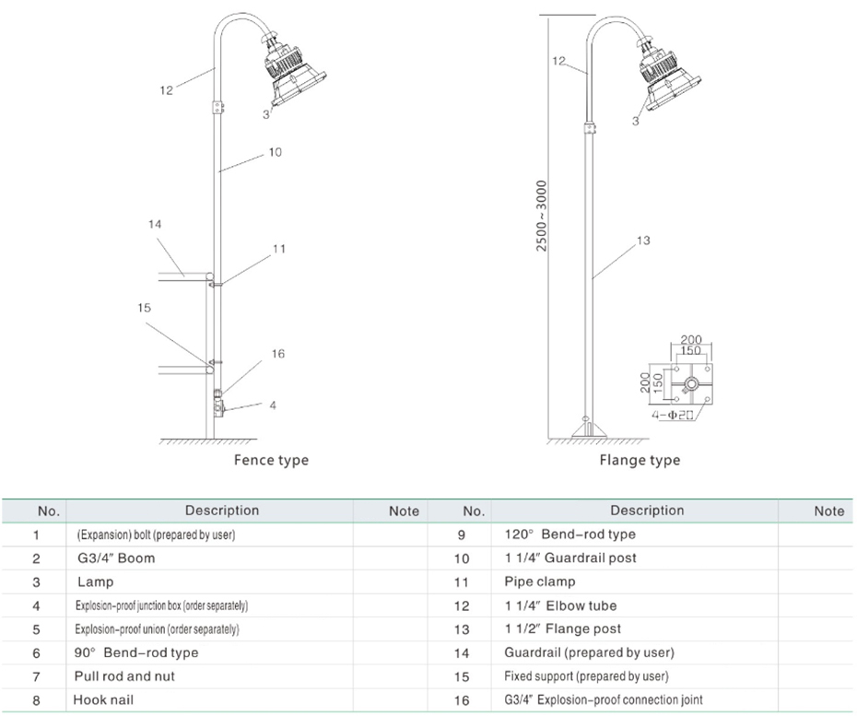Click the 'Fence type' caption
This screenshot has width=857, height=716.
point(271,460)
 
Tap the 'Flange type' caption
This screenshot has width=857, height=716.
point(640,460)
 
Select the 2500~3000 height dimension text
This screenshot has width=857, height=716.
point(541,216)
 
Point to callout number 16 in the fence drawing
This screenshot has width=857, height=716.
point(278,354)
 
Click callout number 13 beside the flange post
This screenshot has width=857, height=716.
point(643,241)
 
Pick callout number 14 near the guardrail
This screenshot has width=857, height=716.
point(155,224)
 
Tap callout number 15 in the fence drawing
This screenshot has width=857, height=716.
point(144,308)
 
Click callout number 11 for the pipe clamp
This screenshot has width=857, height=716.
point(279,249)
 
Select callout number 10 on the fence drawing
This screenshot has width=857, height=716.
point(275,152)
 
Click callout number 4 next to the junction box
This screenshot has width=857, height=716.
point(273,405)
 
